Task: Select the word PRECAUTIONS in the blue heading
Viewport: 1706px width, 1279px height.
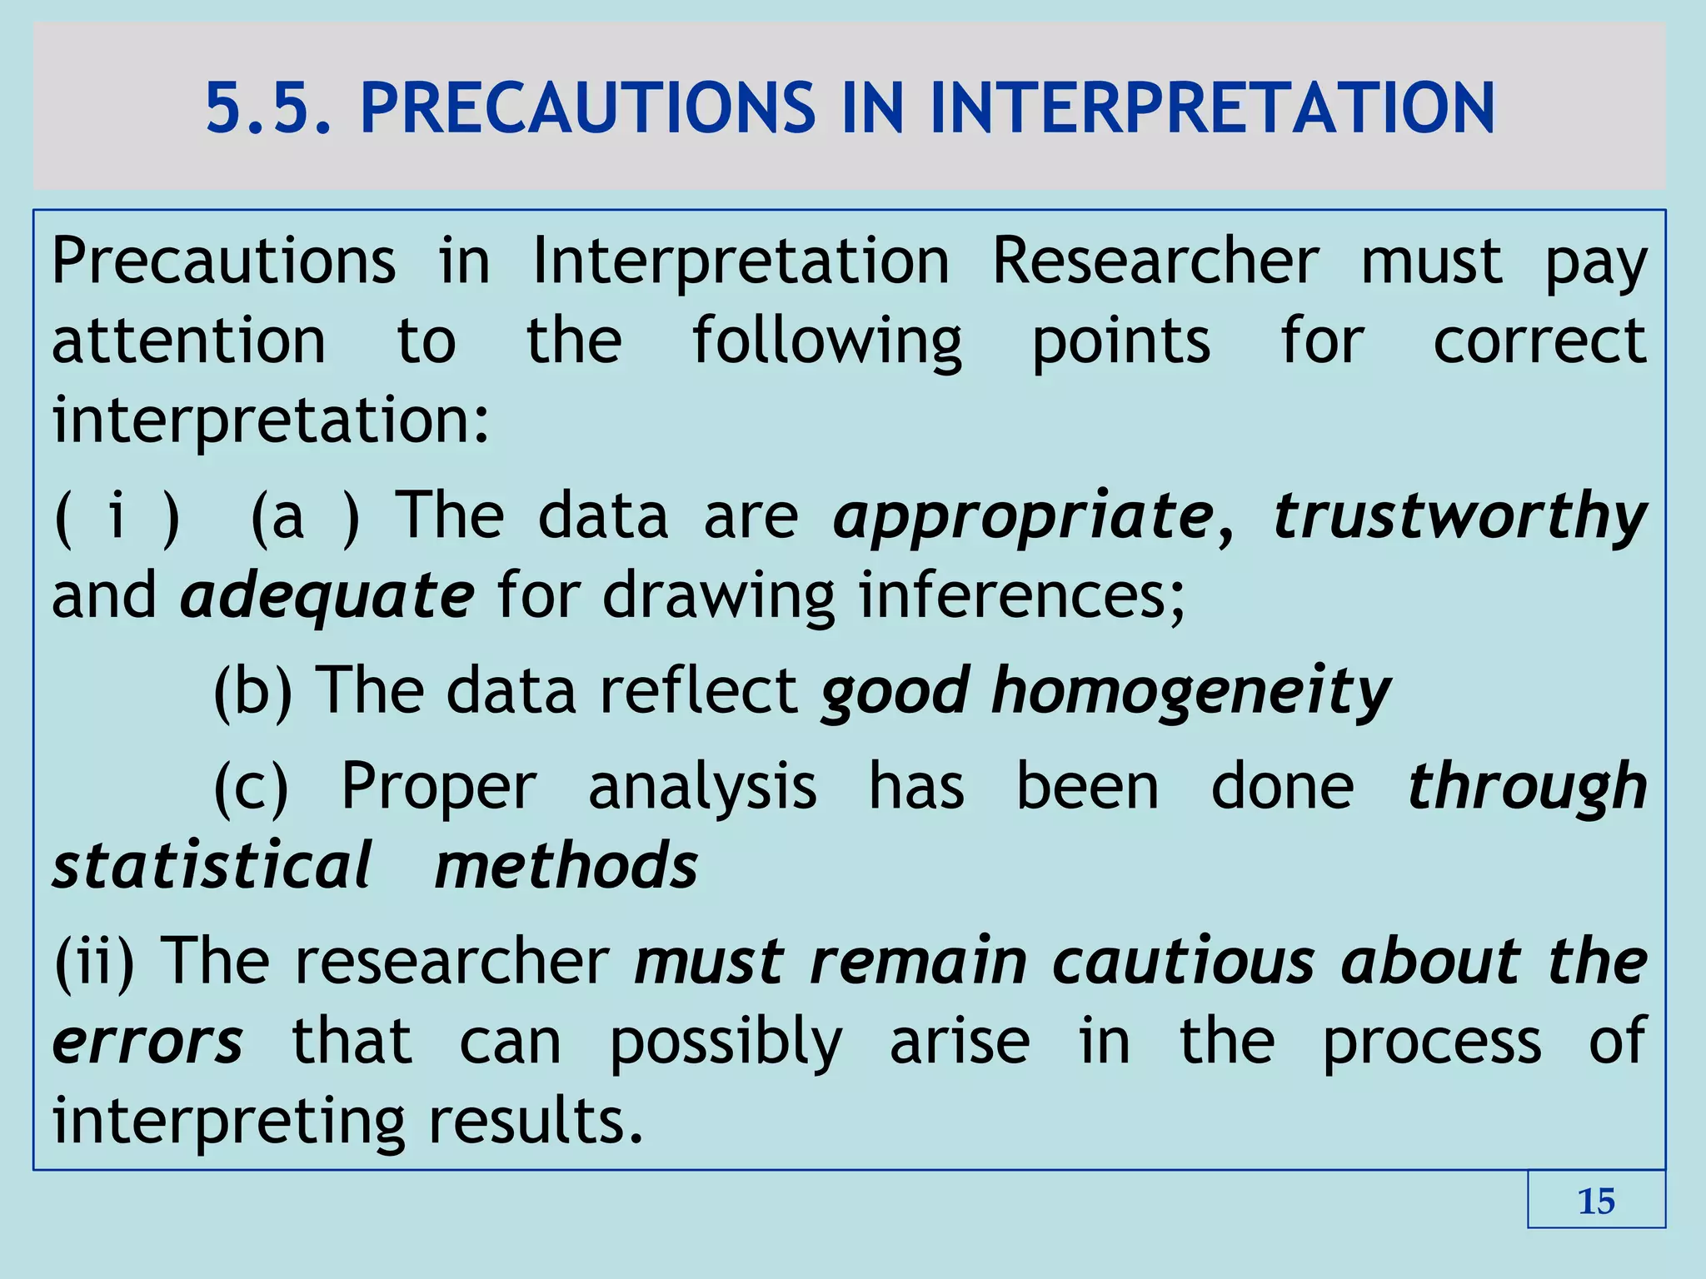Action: pyautogui.click(x=588, y=108)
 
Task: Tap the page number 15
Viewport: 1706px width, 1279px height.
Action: pyautogui.click(x=1596, y=1202)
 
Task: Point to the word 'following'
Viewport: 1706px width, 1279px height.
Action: pyautogui.click(x=827, y=341)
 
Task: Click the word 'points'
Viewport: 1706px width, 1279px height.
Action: pyautogui.click(x=1120, y=341)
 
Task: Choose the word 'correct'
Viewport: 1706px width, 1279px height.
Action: pyautogui.click(x=1539, y=341)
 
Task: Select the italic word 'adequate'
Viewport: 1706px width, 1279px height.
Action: pyautogui.click(x=327, y=596)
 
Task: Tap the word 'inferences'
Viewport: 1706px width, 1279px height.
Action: pyautogui.click(x=1021, y=596)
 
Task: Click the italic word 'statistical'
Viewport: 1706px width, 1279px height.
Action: pyautogui.click(x=212, y=866)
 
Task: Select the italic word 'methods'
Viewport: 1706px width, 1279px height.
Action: pyautogui.click(x=566, y=866)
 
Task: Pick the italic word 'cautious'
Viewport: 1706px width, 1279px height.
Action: pyautogui.click(x=1183, y=962)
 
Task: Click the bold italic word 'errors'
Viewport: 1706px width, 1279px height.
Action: pyautogui.click(x=148, y=1042)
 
